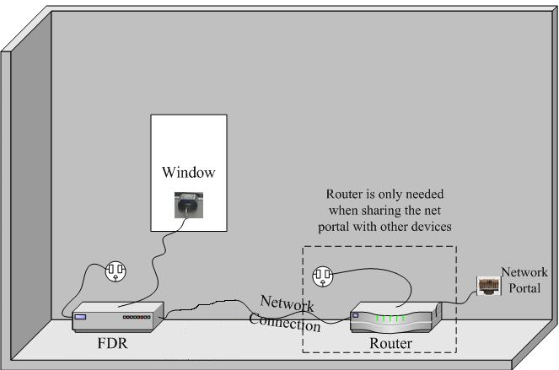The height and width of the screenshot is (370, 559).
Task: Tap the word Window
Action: point(188,173)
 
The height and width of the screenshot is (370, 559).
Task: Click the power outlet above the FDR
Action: point(116,271)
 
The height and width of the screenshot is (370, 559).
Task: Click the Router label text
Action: point(391,344)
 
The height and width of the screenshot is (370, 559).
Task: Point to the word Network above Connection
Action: point(287,303)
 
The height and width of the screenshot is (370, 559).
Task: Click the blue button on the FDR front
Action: point(81,318)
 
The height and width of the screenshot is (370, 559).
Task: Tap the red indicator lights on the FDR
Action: point(137,319)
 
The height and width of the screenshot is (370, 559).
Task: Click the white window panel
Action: point(188,143)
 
